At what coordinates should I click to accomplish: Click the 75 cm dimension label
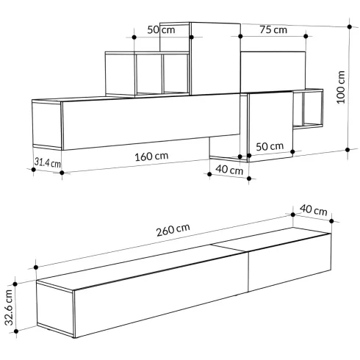pos(273,30)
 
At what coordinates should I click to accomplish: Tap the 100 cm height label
pos(341,87)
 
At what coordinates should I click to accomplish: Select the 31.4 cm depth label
pos(47,162)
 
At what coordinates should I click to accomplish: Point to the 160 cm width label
pos(151,156)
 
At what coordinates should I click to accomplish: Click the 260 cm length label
pos(173,230)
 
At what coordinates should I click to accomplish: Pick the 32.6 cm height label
pos(9,308)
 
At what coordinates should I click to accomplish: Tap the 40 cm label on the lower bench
pos(313,210)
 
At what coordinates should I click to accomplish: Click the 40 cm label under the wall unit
pos(229,170)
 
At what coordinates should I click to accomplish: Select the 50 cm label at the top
pos(161,30)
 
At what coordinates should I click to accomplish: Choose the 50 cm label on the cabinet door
pos(270,146)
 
